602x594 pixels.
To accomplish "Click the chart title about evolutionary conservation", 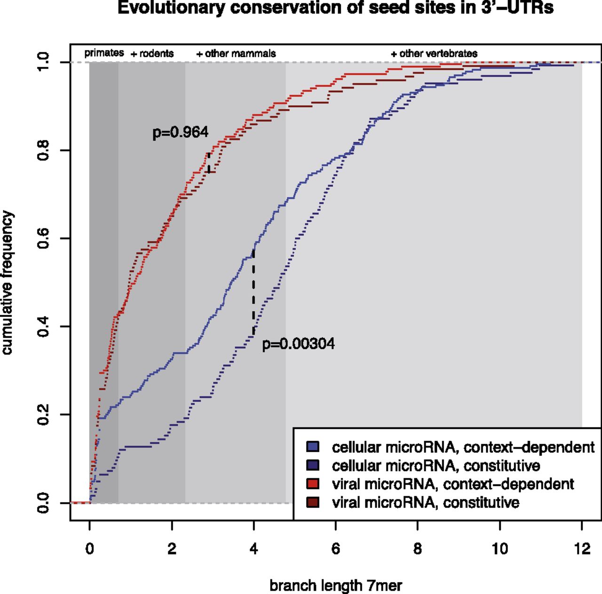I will click(x=335, y=8).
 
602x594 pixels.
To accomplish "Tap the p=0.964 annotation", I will click(x=180, y=133).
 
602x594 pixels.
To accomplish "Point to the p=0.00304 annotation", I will click(x=298, y=344).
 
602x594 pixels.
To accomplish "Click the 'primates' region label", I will click(x=104, y=53).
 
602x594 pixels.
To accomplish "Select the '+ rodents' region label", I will click(x=152, y=54).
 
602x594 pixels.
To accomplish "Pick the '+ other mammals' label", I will click(x=236, y=54).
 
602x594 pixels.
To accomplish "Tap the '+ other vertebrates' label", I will click(x=434, y=54).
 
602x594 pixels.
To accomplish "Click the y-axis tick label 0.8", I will click(x=44, y=150).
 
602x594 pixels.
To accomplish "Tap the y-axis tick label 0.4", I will click(x=44, y=326).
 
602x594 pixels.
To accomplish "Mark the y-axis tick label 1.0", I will click(x=44, y=62).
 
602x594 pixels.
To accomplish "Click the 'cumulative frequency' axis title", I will click(x=8, y=283).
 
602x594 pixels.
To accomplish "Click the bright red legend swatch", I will click(x=312, y=483).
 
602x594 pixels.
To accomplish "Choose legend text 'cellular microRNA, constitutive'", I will click(x=436, y=466).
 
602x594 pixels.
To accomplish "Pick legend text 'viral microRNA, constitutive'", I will click(x=425, y=502).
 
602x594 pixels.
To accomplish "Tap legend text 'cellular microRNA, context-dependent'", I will click(x=463, y=447).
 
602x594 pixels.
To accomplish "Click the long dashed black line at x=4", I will click(x=253, y=292).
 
